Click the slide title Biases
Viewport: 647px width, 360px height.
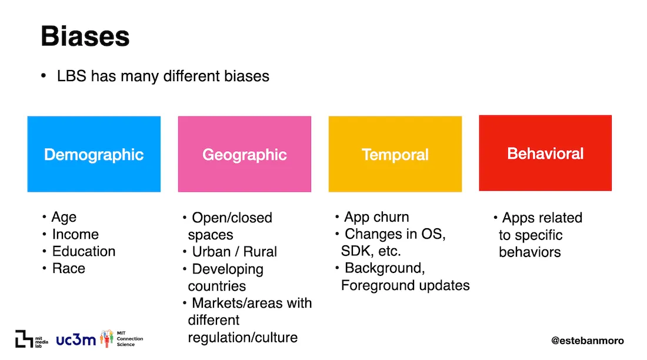point(85,36)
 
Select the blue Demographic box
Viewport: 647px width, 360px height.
point(94,154)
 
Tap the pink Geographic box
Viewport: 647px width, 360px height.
point(244,154)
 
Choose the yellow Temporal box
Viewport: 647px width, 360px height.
point(395,154)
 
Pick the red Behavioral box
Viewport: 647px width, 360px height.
point(545,153)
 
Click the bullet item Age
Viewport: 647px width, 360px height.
point(64,217)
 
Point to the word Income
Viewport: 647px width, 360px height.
point(75,234)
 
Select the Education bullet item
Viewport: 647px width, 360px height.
point(84,251)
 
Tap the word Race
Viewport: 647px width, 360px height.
point(69,268)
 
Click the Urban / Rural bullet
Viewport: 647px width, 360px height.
point(234,252)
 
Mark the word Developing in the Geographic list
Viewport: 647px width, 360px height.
point(228,269)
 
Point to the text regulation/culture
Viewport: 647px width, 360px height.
point(242,338)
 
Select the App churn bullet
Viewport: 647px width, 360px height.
point(376,217)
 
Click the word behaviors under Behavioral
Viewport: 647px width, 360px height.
point(529,252)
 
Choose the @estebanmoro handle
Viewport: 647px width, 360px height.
point(587,341)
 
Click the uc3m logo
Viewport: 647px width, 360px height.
point(76,339)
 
